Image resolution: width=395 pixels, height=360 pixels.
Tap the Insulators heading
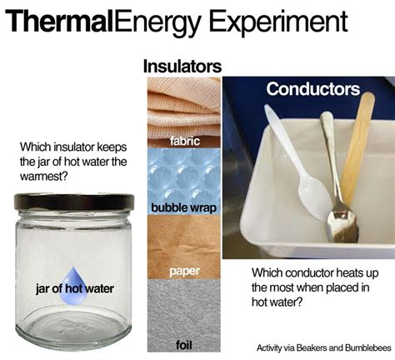(182, 67)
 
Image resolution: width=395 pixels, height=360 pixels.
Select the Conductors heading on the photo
(313, 89)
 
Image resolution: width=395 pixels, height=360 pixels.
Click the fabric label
(184, 141)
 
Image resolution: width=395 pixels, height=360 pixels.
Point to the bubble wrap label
(183, 207)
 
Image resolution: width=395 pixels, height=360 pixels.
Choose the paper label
(184, 271)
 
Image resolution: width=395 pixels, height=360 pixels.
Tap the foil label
(184, 345)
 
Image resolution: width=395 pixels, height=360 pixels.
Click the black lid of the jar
(74, 202)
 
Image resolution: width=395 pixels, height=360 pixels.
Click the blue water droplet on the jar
(73, 286)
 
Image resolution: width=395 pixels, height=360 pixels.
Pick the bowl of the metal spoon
(342, 224)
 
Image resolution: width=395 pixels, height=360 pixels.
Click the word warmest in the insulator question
(43, 176)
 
